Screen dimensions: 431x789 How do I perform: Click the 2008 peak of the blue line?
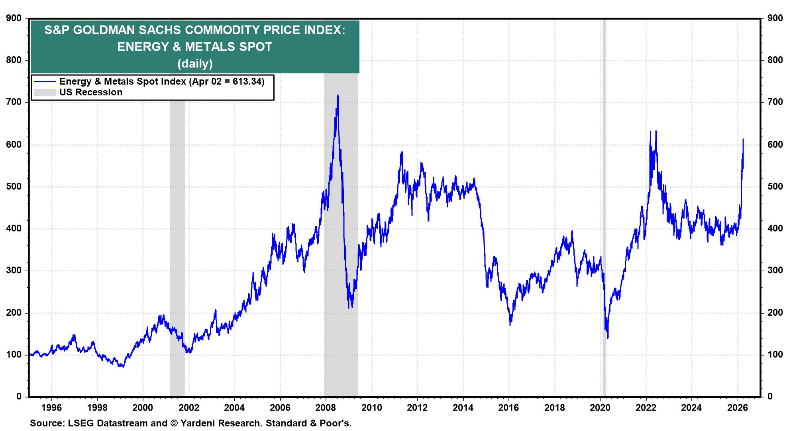coord(338,95)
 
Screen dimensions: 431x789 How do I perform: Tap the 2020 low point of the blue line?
coord(608,338)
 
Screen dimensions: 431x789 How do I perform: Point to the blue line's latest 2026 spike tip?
coord(743,139)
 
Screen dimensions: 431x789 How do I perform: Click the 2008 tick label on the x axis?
coord(326,408)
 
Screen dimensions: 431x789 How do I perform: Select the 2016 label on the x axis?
coord(509,408)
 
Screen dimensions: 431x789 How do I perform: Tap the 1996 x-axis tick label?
coord(51,408)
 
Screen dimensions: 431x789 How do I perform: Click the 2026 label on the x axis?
coord(738,408)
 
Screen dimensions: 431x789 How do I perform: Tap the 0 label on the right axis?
coord(770,397)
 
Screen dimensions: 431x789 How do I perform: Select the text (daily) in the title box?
coord(195,63)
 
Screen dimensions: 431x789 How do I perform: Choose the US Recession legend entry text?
coord(91,93)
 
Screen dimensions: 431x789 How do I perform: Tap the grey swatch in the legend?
coord(44,93)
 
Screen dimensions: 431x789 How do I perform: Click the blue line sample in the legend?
coord(44,82)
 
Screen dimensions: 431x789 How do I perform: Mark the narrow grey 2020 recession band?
coord(604,200)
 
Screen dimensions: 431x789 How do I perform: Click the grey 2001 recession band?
coord(177,239)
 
